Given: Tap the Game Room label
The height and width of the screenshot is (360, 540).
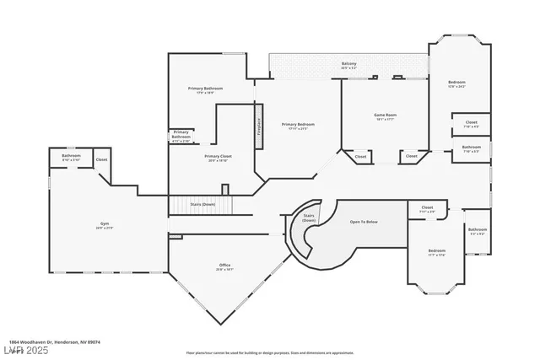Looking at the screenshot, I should coord(385,116).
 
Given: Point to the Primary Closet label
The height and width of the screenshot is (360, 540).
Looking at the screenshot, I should coord(218,157).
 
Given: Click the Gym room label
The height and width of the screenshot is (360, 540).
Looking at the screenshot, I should coord(104,225).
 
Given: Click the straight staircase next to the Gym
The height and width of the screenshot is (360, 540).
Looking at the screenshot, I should coord(201,205).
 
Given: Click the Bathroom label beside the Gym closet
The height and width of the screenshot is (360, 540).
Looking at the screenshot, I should coord(71,157).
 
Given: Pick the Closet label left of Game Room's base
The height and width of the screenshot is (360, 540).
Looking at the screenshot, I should coord(360,156).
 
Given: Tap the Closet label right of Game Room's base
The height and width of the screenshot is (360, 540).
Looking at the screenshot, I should coord(411,156).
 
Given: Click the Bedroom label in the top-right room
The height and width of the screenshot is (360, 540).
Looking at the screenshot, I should coord(456,83).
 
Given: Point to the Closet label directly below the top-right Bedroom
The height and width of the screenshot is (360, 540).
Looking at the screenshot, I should coord(471,124).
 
